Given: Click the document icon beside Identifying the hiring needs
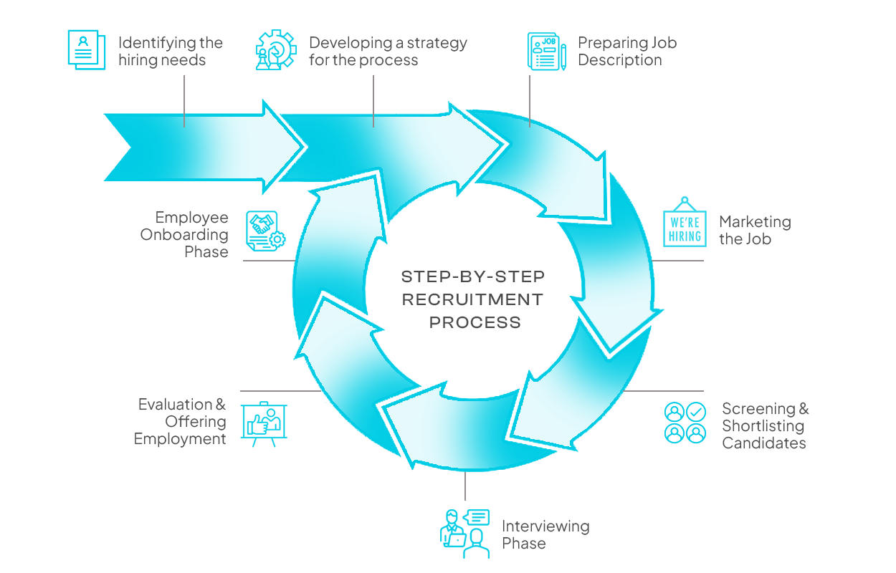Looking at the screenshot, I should pyautogui.click(x=86, y=49).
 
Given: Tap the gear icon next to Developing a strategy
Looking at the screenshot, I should pyautogui.click(x=276, y=49).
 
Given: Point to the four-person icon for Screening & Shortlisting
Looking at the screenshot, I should pyautogui.click(x=685, y=423).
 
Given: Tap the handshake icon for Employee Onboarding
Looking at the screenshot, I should pyautogui.click(x=266, y=231).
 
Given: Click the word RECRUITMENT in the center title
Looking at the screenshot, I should pyautogui.click(x=473, y=299).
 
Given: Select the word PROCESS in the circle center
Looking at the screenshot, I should pyautogui.click(x=475, y=322).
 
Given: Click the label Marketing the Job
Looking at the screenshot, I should pyautogui.click(x=755, y=231).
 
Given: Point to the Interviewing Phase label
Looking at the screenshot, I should pyautogui.click(x=545, y=534).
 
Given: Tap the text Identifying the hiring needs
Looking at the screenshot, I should pyautogui.click(x=171, y=52).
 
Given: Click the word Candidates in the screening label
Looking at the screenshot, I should pyautogui.click(x=763, y=443).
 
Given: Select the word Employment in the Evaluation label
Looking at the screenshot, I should pyautogui.click(x=180, y=439).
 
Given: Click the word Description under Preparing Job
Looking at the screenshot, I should pyautogui.click(x=620, y=60).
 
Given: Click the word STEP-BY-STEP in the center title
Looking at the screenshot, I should pyautogui.click(x=473, y=276).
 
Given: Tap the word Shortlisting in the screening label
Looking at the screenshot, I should pyautogui.click(x=763, y=426).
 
